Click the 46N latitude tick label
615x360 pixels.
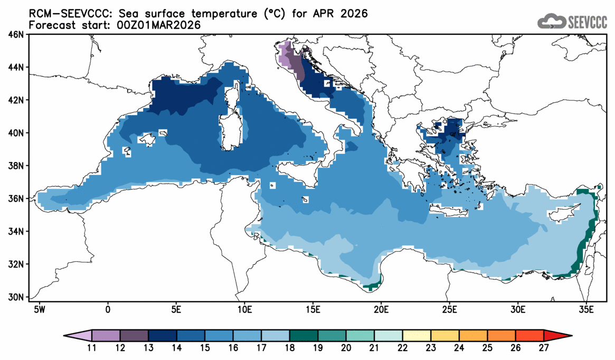(x=16, y=35)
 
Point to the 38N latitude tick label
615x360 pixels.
(x=16, y=166)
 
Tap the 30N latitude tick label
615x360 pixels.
(x=16, y=297)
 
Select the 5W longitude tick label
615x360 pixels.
(x=39, y=308)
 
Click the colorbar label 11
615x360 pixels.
(x=92, y=347)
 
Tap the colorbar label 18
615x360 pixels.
(x=290, y=347)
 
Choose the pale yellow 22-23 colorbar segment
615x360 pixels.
(x=417, y=336)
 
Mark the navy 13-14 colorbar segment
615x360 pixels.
(x=163, y=336)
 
